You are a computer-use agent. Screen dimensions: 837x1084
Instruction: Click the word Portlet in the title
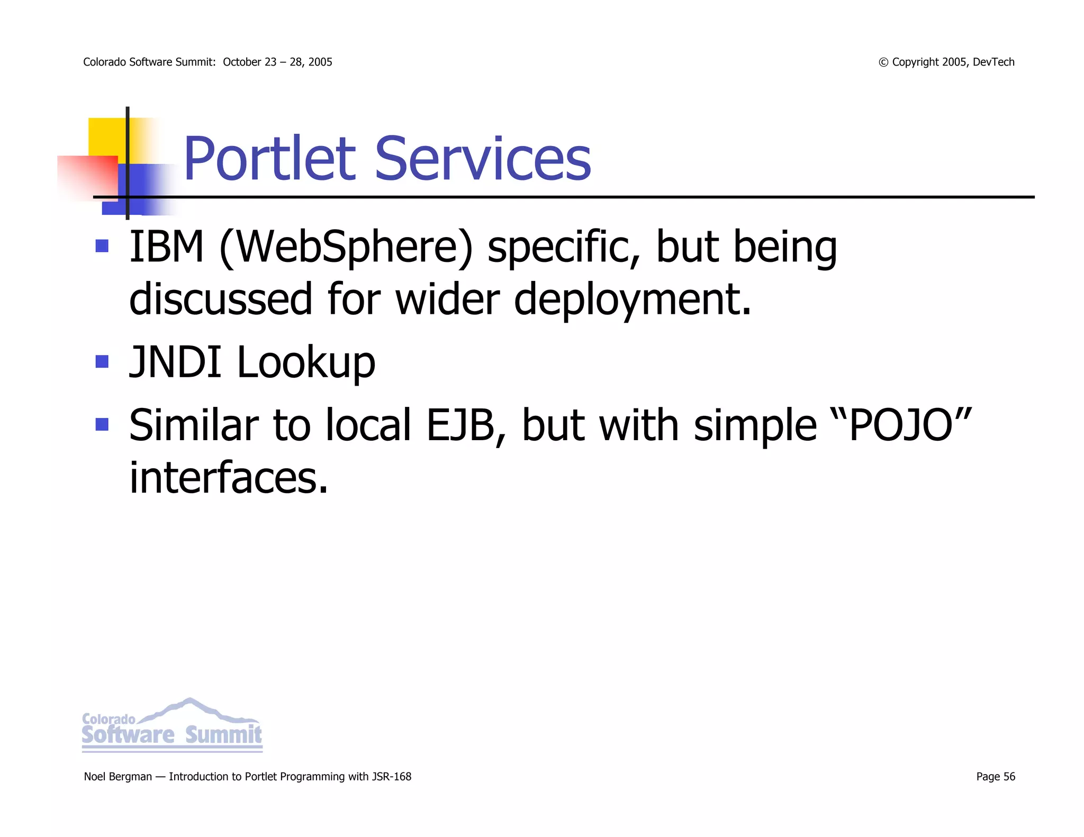(269, 159)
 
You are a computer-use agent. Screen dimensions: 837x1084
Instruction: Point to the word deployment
(633, 299)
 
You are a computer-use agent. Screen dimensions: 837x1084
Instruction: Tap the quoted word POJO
(901, 425)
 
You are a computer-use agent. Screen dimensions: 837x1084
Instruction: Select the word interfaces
(229, 478)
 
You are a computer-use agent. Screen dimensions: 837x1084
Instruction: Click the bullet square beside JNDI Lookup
(102, 362)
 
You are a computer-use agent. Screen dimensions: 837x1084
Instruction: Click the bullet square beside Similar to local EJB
(102, 424)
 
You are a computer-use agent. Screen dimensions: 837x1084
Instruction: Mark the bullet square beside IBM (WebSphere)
(102, 246)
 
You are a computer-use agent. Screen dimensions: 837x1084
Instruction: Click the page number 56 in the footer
(1009, 777)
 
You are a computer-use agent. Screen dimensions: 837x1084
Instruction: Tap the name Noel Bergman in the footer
(118, 777)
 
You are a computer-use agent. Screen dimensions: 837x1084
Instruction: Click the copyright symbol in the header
(883, 62)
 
